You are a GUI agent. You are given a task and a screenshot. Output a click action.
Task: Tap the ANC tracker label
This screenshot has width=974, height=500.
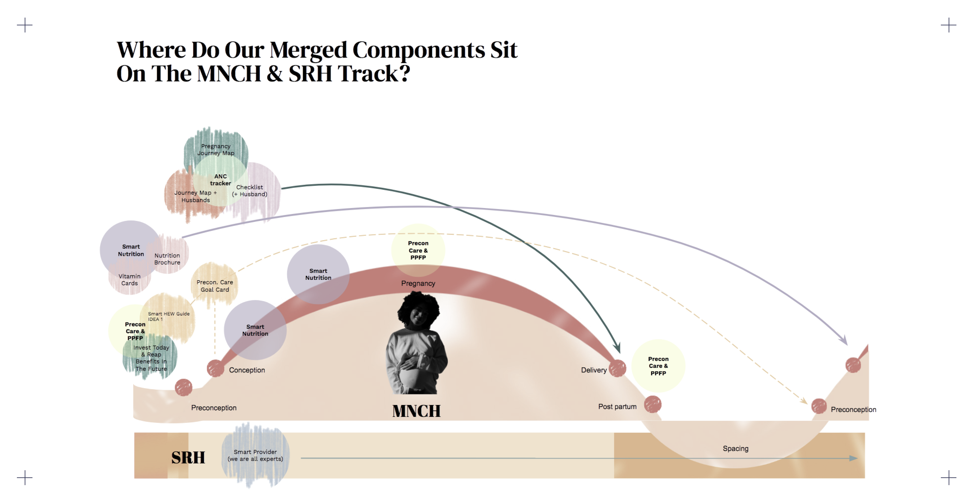[221, 180]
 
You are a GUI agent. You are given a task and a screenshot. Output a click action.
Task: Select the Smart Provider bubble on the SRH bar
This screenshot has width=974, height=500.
[255, 455]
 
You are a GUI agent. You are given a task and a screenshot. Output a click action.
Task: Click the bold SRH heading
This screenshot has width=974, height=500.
[188, 458]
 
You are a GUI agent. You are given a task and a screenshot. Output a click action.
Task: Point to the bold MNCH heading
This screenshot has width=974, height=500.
[416, 411]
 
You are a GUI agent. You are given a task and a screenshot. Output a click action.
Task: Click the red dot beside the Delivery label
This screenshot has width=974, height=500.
[617, 368]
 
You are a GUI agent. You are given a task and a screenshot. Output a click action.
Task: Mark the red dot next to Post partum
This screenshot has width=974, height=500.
[653, 404]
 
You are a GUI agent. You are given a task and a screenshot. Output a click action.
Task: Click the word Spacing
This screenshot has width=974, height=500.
[735, 449]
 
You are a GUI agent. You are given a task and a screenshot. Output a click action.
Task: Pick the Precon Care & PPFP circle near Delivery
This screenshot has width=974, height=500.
[658, 366]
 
